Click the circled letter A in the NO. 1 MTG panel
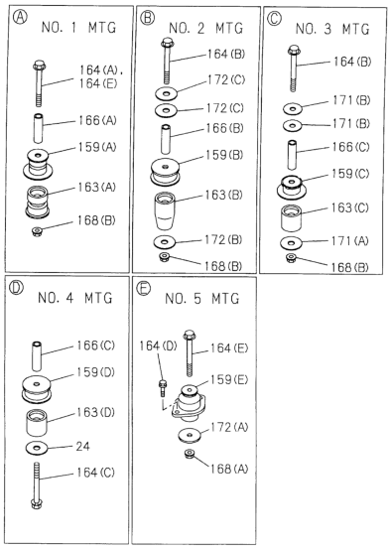(20, 17)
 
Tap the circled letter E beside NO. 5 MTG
(144, 288)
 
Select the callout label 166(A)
(97, 121)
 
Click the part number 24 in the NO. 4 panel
(82, 446)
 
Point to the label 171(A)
(350, 241)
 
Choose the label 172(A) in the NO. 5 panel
(229, 427)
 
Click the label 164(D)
(158, 345)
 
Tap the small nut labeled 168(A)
(190, 454)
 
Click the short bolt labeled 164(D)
(162, 387)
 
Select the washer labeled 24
(37, 447)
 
